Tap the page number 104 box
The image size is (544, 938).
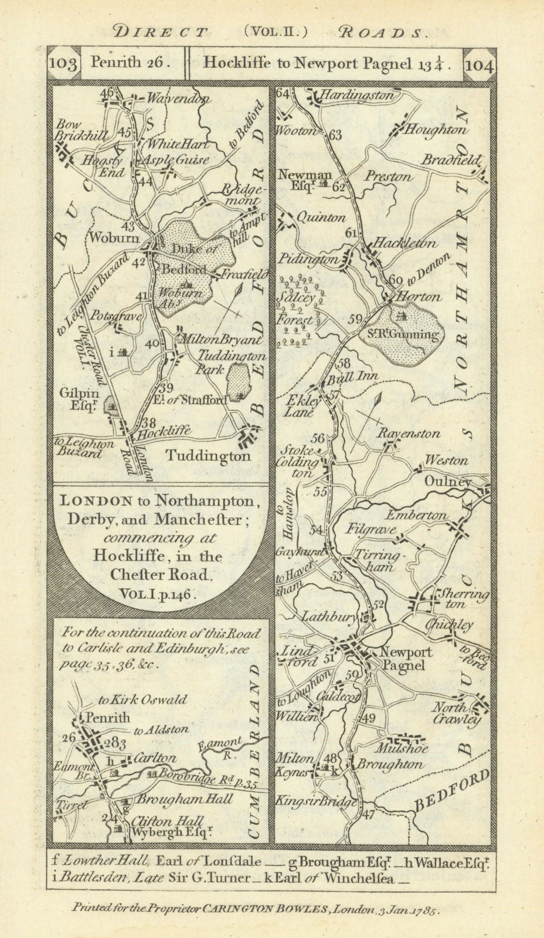[480, 63]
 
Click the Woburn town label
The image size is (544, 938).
[106, 238]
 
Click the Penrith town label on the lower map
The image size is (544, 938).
[108, 717]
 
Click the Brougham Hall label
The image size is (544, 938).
[185, 799]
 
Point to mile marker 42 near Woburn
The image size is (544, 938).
[139, 263]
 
